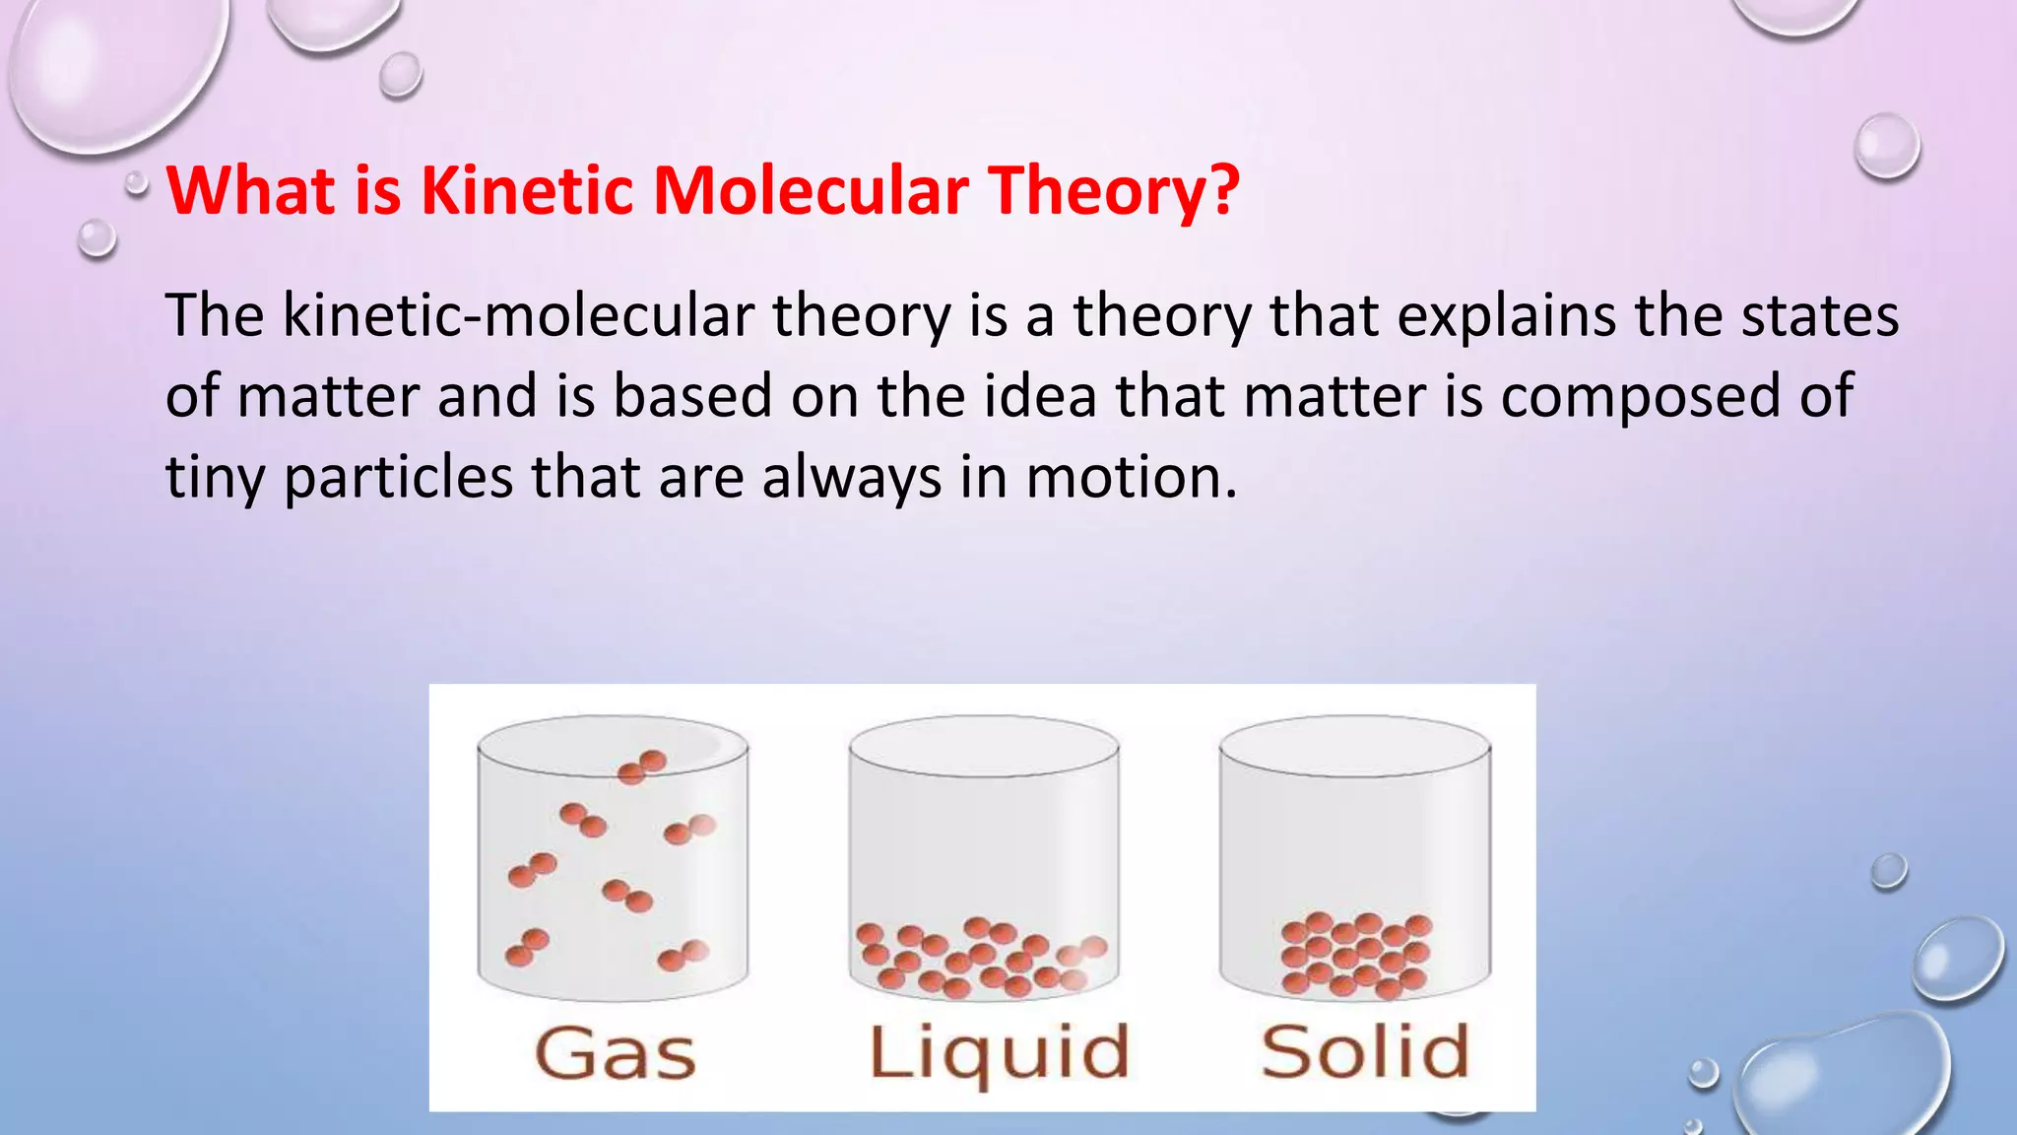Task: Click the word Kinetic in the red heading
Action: coord(527,189)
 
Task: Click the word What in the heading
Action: coord(252,189)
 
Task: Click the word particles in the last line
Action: coord(399,478)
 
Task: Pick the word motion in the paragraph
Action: coord(1131,478)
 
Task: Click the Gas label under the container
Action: coord(616,1053)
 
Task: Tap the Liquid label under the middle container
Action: coord(999,1053)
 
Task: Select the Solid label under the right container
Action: coord(1365,1051)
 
